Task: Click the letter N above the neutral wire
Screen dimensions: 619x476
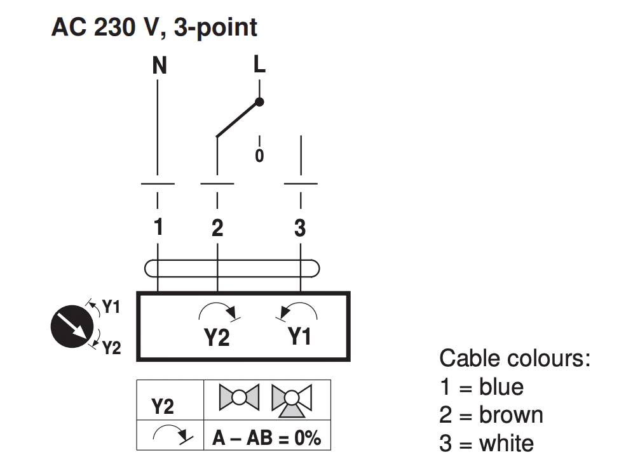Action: click(160, 65)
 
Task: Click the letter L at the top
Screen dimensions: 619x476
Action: click(259, 64)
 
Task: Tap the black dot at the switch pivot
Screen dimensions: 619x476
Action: click(259, 102)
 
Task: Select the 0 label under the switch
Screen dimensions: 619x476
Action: click(259, 155)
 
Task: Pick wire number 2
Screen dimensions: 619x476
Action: click(217, 228)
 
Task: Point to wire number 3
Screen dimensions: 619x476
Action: click(300, 228)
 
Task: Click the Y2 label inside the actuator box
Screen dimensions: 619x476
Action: click(217, 338)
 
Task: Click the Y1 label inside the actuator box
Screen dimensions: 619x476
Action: click(299, 336)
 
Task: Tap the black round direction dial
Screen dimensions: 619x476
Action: click(72, 326)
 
